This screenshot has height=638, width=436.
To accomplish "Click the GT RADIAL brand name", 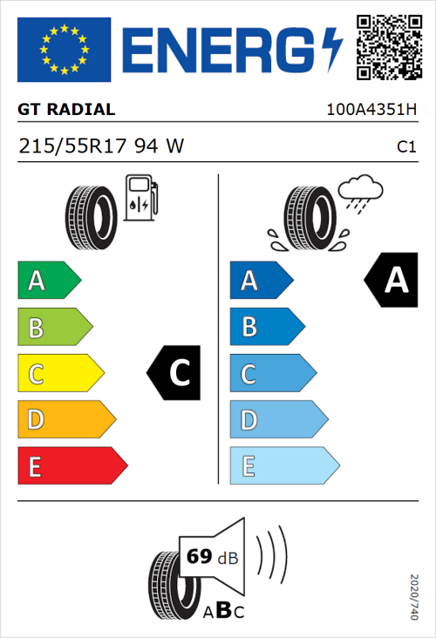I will coord(66,110).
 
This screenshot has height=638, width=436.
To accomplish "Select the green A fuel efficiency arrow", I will coord(48,281).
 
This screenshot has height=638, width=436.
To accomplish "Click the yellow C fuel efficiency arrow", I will coord(59,374).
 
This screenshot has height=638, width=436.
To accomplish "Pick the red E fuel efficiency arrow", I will coord(72,466).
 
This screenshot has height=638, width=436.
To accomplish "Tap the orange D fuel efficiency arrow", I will coord(65,420).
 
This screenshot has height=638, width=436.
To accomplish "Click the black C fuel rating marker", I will coord(174,374).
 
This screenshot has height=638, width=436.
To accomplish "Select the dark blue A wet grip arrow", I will coord(260,281).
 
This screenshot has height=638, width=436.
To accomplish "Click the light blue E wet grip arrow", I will coord(283,466).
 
